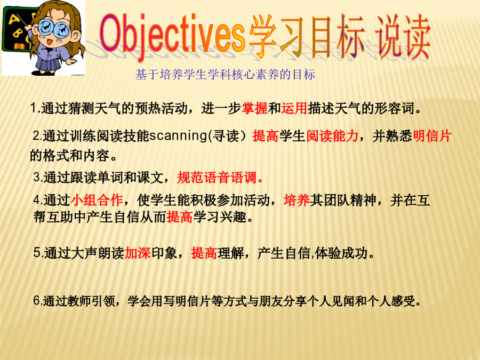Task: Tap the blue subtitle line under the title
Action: [x=225, y=75]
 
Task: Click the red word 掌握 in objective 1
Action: [x=254, y=108]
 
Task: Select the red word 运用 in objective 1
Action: [x=294, y=108]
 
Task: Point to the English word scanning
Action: [x=179, y=135]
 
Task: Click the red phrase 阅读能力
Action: [x=332, y=136]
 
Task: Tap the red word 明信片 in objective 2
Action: [x=432, y=136]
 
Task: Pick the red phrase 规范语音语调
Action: [x=220, y=178]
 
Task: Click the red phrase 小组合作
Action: [x=97, y=200]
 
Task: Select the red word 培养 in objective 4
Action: [x=297, y=200]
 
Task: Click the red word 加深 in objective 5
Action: [x=138, y=253]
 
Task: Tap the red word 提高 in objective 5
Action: [x=204, y=253]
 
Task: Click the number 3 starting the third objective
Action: [x=37, y=178]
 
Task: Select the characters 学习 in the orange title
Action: [x=276, y=36]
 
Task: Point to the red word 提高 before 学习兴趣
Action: [x=180, y=218]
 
